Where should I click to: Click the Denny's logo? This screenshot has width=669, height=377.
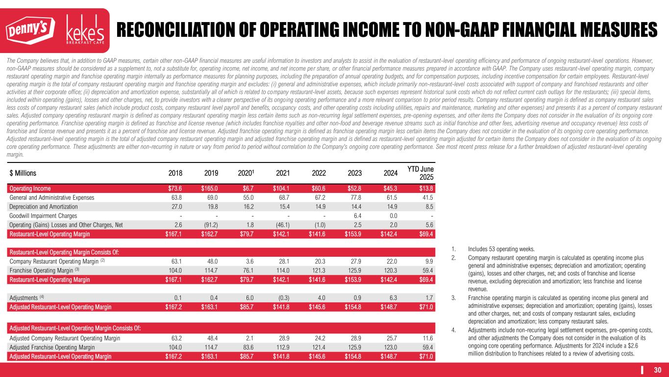30,31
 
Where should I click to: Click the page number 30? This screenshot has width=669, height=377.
658,370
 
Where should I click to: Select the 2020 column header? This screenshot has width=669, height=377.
246,173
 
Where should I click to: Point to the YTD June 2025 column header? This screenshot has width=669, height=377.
420,172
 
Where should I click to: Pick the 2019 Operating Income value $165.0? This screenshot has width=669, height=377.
209,188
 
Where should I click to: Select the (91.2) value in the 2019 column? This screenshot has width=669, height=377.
209,225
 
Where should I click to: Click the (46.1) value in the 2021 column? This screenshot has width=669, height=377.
281,225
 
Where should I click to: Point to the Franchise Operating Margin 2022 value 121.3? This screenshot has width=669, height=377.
317,270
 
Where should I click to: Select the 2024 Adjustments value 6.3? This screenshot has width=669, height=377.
393,298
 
